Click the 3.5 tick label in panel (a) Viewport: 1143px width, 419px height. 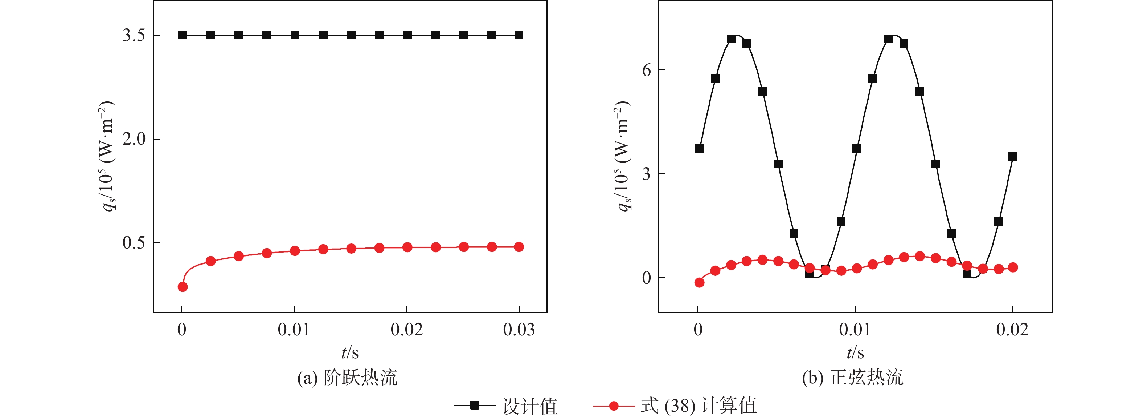[134, 35]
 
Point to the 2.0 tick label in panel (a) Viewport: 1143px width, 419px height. [134, 139]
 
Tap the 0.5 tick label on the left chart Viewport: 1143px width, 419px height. [134, 243]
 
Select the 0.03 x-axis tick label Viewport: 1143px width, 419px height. [519, 330]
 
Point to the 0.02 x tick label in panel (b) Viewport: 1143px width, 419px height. [1012, 330]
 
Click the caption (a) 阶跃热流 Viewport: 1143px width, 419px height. [347, 378]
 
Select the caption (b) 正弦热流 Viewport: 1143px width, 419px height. [852, 378]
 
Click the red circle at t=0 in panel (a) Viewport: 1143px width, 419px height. [183, 287]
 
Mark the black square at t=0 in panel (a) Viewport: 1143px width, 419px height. [183, 35]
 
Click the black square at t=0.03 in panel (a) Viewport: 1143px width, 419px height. [519, 35]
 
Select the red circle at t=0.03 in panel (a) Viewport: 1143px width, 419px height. [519, 247]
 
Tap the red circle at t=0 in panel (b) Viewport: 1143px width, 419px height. [699, 283]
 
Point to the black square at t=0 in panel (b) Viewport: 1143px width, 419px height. [699, 148]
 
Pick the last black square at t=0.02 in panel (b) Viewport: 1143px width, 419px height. [1012, 156]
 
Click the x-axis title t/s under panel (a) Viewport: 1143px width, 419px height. [350, 353]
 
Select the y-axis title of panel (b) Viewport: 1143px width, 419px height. [623, 156]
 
